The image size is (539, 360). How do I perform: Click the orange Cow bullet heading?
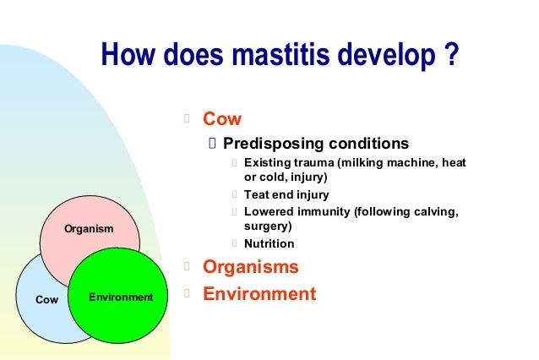222,119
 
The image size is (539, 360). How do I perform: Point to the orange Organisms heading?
251,267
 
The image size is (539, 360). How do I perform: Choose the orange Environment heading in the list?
259,294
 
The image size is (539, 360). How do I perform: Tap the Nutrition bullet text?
269,243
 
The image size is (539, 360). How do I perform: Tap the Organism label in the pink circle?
89,229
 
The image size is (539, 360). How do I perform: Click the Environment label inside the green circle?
122,297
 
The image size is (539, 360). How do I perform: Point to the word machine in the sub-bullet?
407,162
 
